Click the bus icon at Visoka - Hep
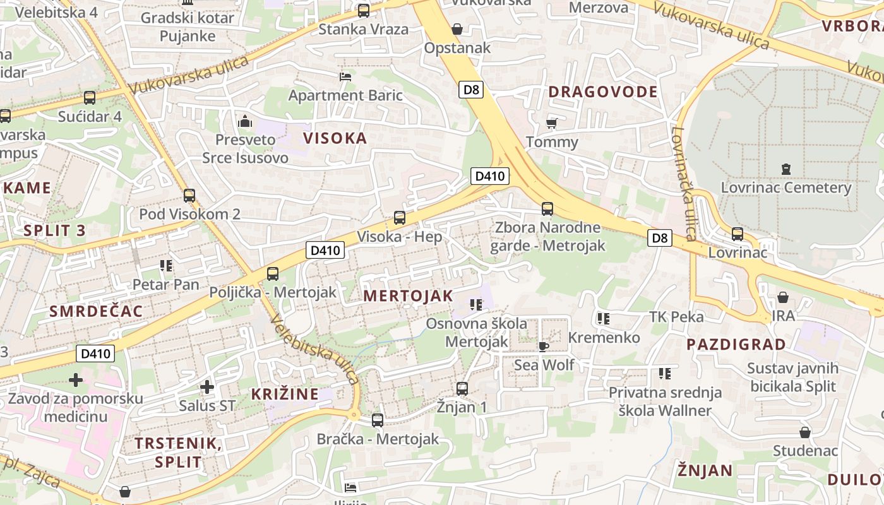[399, 218]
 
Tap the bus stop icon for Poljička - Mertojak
[272, 274]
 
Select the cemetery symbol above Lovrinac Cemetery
[785, 169]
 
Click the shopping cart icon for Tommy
[551, 123]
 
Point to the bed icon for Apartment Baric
[345, 77]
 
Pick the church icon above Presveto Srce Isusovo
[244, 121]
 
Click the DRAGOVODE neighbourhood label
[602, 92]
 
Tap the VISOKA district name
[335, 138]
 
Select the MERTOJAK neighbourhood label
[408, 296]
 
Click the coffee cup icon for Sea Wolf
[543, 346]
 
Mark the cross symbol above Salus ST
[206, 386]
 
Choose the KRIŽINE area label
[285, 394]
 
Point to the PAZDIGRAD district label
[736, 345]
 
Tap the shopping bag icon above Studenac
[804, 432]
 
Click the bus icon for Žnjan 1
[462, 388]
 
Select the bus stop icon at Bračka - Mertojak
[377, 420]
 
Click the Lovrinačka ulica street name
[684, 184]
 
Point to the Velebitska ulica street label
[314, 349]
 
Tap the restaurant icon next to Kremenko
[603, 319]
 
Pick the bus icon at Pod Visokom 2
[189, 196]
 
